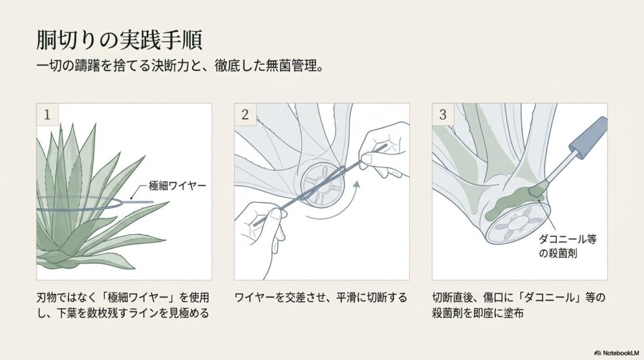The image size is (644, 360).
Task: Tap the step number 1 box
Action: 47,114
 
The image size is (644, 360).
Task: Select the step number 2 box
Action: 245,114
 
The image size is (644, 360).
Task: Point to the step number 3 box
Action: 442,114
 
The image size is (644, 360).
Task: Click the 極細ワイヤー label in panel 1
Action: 178,188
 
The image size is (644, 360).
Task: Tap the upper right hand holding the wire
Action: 384,145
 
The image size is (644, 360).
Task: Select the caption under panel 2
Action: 321,297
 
